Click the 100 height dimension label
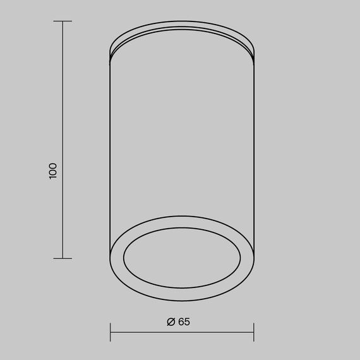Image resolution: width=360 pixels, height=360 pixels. (x=53, y=171)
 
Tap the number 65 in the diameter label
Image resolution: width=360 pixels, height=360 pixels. (x=184, y=321)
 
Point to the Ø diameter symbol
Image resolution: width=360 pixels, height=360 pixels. (x=171, y=321)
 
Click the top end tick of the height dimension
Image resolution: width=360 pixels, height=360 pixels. (x=62, y=21)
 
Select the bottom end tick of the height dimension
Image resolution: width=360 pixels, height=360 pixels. (x=62, y=258)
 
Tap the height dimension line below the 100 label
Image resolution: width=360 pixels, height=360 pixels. (x=62, y=221)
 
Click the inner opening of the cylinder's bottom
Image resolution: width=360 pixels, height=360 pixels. (x=182, y=258)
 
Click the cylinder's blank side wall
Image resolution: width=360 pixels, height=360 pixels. (x=182, y=139)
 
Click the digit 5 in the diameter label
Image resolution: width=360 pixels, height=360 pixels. (x=187, y=321)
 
